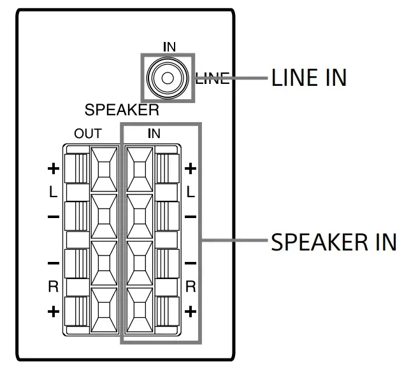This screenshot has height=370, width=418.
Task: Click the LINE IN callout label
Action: [x=308, y=78]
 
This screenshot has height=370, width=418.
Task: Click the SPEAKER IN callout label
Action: [x=334, y=242]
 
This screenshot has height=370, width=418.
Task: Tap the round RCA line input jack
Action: [x=167, y=78]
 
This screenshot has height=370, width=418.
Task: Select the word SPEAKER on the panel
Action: [x=122, y=109]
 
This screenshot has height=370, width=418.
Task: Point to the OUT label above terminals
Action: [x=87, y=134]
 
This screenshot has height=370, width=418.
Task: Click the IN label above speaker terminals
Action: [x=154, y=134]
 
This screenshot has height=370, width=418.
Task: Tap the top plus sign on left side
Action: [x=54, y=169]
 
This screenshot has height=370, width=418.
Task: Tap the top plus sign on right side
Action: [x=190, y=169]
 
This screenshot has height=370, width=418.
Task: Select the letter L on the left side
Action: [x=54, y=193]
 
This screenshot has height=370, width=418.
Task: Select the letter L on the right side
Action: [x=190, y=193]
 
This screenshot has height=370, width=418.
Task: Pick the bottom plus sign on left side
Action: [x=54, y=312]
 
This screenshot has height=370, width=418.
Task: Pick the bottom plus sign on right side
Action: [x=190, y=312]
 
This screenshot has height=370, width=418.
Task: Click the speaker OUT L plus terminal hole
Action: [x=104, y=169]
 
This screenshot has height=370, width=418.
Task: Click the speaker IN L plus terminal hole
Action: [x=140, y=169]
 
